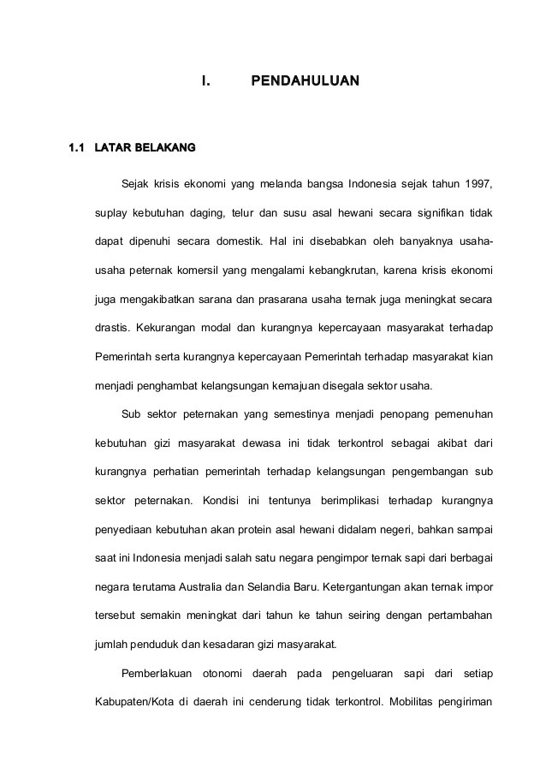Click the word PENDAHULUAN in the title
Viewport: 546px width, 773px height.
click(306, 81)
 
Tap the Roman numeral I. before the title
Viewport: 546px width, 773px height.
click(205, 81)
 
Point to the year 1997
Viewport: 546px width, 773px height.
click(478, 183)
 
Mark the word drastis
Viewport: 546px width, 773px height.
click(111, 328)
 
